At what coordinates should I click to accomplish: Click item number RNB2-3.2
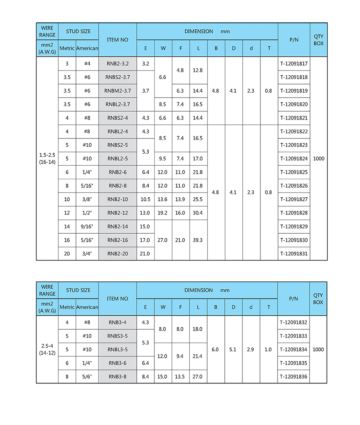click(118, 64)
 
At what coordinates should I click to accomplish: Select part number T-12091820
click(294, 104)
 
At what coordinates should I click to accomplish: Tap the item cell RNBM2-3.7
click(118, 91)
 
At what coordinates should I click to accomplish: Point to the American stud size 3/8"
click(87, 199)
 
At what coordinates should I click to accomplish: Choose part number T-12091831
click(294, 254)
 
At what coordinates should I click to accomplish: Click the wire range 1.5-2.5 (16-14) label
click(47, 158)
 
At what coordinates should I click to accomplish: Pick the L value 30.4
click(198, 213)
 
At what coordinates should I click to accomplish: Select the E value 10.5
click(145, 199)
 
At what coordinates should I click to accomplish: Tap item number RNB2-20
click(118, 254)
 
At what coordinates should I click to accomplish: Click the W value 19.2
click(162, 213)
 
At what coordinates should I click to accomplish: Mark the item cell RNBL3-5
click(118, 349)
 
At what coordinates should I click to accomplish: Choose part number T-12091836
click(294, 377)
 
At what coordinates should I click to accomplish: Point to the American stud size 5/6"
click(87, 377)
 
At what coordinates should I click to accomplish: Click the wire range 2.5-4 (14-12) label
click(47, 349)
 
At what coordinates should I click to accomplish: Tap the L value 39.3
click(198, 240)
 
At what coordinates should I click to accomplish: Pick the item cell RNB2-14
click(118, 227)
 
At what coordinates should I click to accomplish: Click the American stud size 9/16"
click(87, 227)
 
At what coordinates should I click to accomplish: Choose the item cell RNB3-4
click(118, 322)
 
